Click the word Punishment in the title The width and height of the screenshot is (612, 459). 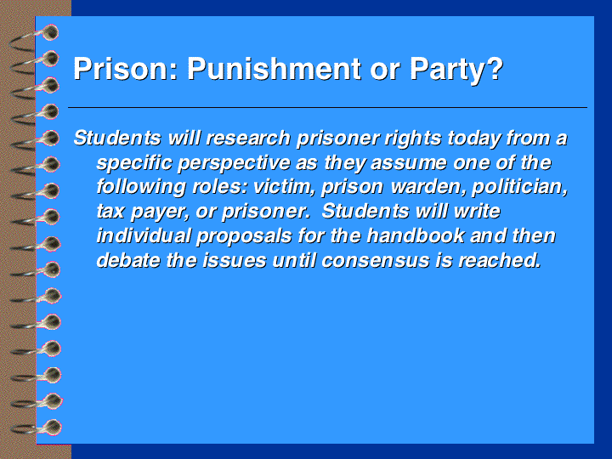click(275, 69)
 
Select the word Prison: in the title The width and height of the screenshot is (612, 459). click(126, 69)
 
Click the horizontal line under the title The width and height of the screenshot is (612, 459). click(327, 107)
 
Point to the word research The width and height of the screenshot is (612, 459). click(248, 139)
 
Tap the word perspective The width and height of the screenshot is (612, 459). click(234, 163)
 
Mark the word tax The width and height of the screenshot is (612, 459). click(110, 212)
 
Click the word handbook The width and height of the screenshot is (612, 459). click(416, 235)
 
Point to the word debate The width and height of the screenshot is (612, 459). click(128, 260)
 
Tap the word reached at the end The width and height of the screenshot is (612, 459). click(500, 260)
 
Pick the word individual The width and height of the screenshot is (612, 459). click(144, 235)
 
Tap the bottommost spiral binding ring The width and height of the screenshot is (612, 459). click(37, 428)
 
